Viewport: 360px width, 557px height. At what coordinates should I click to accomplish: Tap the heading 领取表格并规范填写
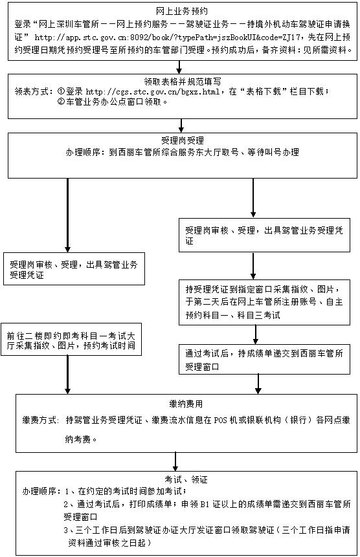point(181,82)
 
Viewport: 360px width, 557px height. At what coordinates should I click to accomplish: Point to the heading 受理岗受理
point(181,140)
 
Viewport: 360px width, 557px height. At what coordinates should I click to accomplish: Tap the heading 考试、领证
point(179,481)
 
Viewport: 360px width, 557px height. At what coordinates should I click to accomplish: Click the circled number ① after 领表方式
point(60,92)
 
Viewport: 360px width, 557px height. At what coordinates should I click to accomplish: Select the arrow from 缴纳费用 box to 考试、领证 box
point(175,462)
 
